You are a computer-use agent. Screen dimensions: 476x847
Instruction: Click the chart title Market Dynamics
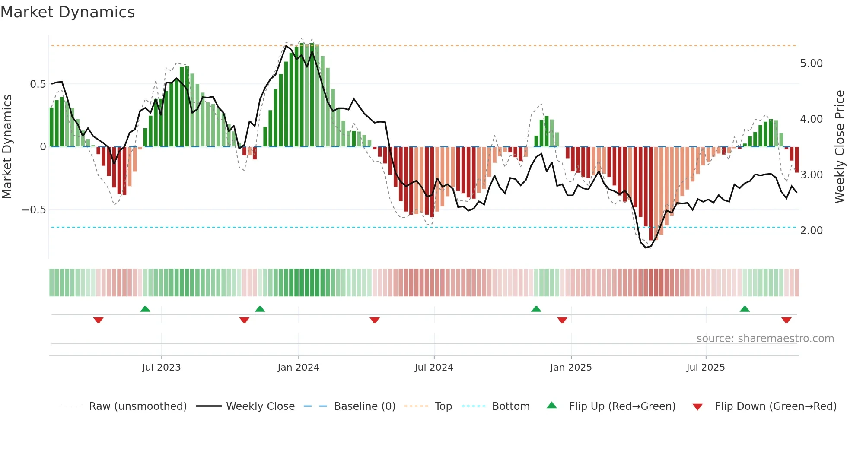(x=68, y=12)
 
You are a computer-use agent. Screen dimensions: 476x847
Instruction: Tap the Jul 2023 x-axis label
(x=161, y=368)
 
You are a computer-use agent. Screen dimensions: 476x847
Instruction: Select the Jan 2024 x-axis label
(x=298, y=368)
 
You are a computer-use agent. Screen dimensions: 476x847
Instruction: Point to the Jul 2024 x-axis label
(x=434, y=368)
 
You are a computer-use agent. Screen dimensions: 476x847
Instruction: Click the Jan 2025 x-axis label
(x=571, y=368)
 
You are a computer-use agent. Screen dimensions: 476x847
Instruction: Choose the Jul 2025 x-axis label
(x=706, y=368)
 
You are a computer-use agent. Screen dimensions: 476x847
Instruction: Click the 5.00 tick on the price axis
(x=811, y=63)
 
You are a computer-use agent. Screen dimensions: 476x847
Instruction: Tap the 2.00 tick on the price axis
(x=811, y=231)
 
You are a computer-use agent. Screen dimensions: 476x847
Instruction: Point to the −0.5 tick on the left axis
(x=34, y=210)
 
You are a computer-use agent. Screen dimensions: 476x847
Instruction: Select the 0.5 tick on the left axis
(x=38, y=84)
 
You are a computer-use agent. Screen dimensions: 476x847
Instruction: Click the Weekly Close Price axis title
(x=839, y=146)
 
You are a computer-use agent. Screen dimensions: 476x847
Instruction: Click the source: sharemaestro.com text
(x=765, y=339)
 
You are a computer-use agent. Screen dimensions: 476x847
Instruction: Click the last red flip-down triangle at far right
(x=786, y=320)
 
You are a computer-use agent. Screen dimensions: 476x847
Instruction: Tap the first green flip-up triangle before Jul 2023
(x=145, y=309)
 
